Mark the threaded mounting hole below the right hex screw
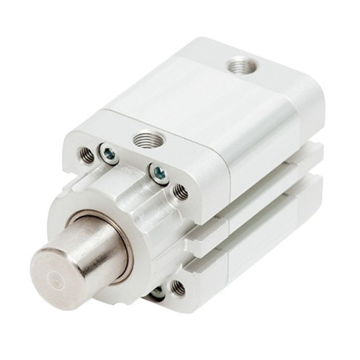[181, 192]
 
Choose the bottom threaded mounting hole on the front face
[176, 289]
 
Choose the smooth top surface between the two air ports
[194, 101]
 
